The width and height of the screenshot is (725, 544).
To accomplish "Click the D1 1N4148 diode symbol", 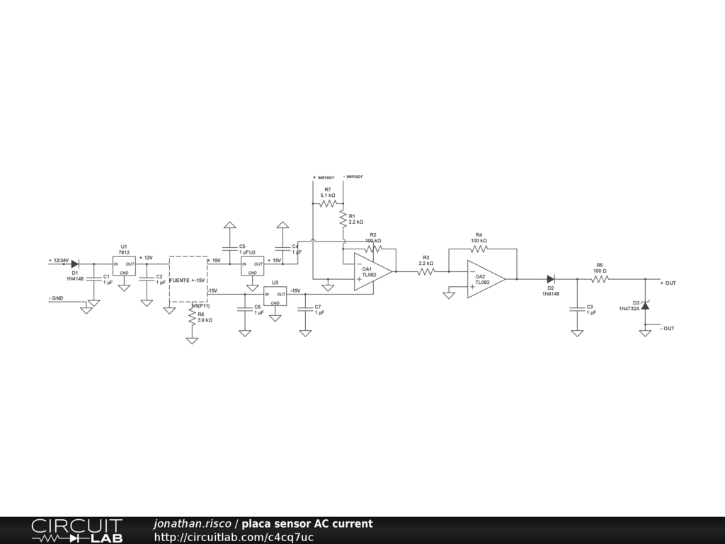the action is (x=74, y=263).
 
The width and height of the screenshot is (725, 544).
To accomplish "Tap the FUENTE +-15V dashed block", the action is (x=188, y=281).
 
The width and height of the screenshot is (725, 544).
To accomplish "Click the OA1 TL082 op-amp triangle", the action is (x=372, y=271).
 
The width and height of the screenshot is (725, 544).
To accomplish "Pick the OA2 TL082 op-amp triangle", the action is (x=485, y=279).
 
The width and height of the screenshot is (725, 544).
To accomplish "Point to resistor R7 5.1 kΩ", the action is (x=328, y=203).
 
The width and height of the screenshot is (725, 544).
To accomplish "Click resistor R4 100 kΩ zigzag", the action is (x=479, y=249).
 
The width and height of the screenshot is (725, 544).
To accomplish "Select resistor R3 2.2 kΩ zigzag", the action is (x=426, y=271).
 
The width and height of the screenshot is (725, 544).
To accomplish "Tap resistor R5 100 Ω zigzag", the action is (x=600, y=279).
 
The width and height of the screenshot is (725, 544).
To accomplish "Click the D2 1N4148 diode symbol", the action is (x=550, y=279).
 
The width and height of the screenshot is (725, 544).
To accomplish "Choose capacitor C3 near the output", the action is (x=577, y=308).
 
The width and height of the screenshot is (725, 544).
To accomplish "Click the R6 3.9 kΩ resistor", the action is (x=192, y=317).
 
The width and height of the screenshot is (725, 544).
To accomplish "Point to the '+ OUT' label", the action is (x=668, y=283).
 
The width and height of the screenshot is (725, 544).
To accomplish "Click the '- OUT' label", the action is (x=667, y=329).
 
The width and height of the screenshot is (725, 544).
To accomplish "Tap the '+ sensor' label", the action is (x=323, y=177).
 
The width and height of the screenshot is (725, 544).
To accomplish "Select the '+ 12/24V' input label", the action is (x=58, y=260).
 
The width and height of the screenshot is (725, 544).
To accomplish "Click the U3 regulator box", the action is (x=275, y=296).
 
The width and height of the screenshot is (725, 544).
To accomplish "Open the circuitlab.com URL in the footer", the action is (x=234, y=537).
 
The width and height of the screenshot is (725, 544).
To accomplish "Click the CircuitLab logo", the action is (x=76, y=531).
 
